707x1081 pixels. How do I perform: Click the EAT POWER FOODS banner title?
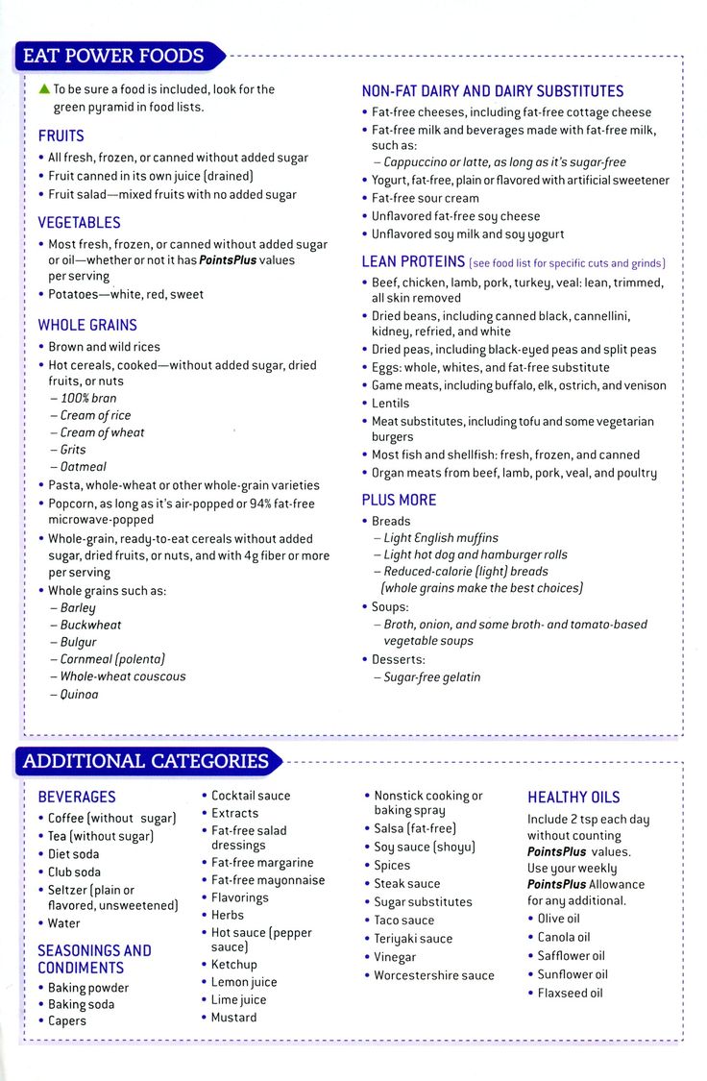(113, 56)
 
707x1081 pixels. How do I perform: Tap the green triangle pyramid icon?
(43, 88)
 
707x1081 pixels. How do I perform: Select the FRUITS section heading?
(61, 135)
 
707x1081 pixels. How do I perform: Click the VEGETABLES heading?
(80, 222)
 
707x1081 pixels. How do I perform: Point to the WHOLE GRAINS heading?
(87, 325)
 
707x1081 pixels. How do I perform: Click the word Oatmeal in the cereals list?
(84, 467)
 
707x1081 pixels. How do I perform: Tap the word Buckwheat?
(91, 625)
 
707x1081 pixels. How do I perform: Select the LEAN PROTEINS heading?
(413, 261)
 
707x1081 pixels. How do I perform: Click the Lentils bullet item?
(391, 404)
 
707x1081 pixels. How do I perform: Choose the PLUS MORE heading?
(399, 500)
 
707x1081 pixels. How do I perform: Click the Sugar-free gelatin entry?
(432, 677)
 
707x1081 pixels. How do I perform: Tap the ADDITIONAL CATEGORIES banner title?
(145, 762)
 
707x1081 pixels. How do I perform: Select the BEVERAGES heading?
(77, 797)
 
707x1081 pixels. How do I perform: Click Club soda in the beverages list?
(75, 872)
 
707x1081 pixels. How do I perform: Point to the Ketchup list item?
(234, 965)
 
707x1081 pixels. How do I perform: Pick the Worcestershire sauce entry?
(434, 975)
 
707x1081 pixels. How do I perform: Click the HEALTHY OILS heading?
(573, 797)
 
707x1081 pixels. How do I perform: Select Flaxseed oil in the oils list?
(571, 993)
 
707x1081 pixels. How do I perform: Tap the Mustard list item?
(234, 1018)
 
